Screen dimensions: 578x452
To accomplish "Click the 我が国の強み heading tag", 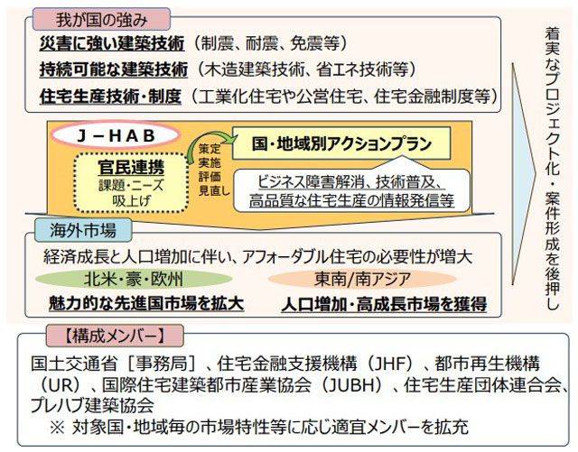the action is coord(101,19).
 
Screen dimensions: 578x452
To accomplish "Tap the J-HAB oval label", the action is coord(116,135).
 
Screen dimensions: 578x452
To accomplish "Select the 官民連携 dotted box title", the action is coord(131,167).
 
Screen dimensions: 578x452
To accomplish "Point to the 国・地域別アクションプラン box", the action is coord(341,143).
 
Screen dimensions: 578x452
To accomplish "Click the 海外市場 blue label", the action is coord(83,230).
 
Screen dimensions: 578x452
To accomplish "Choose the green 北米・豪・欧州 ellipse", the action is coord(134,279).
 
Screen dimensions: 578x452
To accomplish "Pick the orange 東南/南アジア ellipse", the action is coord(362,279).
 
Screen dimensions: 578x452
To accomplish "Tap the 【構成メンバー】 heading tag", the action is coord(115,336).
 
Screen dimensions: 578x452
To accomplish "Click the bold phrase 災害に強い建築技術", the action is coord(112,44).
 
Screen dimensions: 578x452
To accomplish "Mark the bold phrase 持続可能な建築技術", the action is coord(114,69).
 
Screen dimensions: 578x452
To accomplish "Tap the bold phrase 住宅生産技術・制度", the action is coord(110,97).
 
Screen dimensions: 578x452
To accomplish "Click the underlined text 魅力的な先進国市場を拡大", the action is coord(146,304).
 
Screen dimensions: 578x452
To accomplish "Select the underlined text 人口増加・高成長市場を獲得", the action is coord(384,305).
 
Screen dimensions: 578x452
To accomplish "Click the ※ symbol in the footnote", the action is coord(57,428).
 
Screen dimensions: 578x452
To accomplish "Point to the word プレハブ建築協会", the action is coord(92,406).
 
